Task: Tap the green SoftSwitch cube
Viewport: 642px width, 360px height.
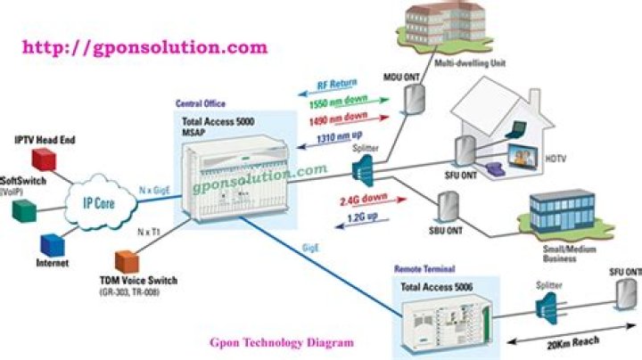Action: (24, 210)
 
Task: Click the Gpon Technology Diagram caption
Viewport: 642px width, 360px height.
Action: (281, 341)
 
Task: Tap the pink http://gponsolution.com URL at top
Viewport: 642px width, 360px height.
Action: (144, 46)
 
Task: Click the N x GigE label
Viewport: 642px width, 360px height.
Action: (159, 190)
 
